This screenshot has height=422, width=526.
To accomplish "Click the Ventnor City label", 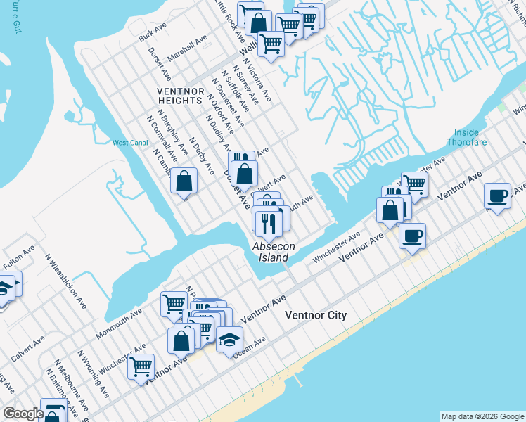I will [315, 315].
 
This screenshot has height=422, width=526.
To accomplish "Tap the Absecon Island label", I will [274, 252].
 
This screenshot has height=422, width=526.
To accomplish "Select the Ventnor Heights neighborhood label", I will [180, 96].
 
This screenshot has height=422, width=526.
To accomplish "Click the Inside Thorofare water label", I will [466, 136].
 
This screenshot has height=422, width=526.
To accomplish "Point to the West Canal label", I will [129, 143].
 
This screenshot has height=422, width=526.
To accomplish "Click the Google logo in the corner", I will [23, 414].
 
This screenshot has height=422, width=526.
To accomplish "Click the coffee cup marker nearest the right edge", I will [498, 196].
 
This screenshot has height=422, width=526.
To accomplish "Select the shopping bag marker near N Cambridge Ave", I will [184, 181].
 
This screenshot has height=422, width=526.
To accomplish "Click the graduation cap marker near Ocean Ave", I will [229, 340].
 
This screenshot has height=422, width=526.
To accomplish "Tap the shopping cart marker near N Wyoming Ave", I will [141, 366].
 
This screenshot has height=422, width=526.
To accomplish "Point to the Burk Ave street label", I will [152, 34].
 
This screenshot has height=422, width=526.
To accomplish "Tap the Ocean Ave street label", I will [250, 346].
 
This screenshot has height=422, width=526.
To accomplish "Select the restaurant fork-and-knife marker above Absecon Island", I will [269, 222].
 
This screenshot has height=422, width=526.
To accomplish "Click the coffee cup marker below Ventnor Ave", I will [413, 235].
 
